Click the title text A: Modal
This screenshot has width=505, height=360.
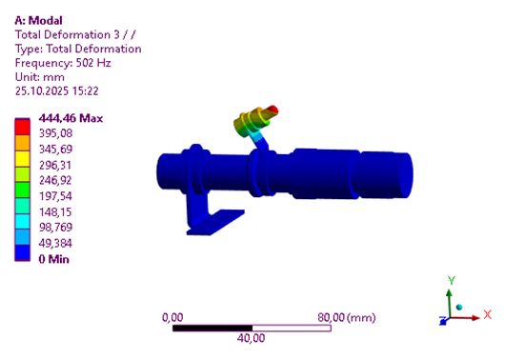pyautogui.click(x=38, y=21)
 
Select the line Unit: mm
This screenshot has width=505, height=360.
pyautogui.click(x=40, y=77)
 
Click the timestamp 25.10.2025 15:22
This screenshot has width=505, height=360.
pyautogui.click(x=56, y=90)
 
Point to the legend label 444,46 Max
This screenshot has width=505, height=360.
pyautogui.click(x=71, y=118)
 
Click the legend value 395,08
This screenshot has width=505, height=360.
pyautogui.click(x=55, y=133)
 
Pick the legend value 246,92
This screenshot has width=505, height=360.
pyautogui.click(x=55, y=180)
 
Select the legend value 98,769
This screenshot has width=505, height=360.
pyautogui.click(x=55, y=227)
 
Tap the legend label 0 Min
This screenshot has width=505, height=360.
pyautogui.click(x=53, y=259)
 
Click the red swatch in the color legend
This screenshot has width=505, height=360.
pyautogui.click(x=22, y=128)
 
